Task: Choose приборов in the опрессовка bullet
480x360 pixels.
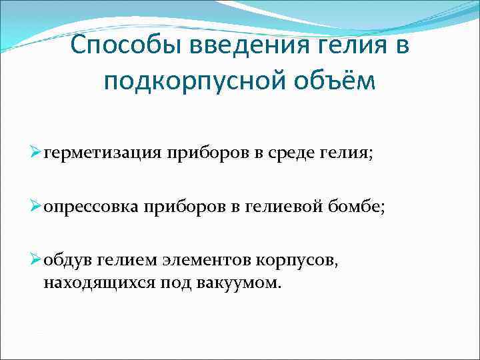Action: (179, 207)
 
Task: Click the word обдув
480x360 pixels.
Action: (66, 262)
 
